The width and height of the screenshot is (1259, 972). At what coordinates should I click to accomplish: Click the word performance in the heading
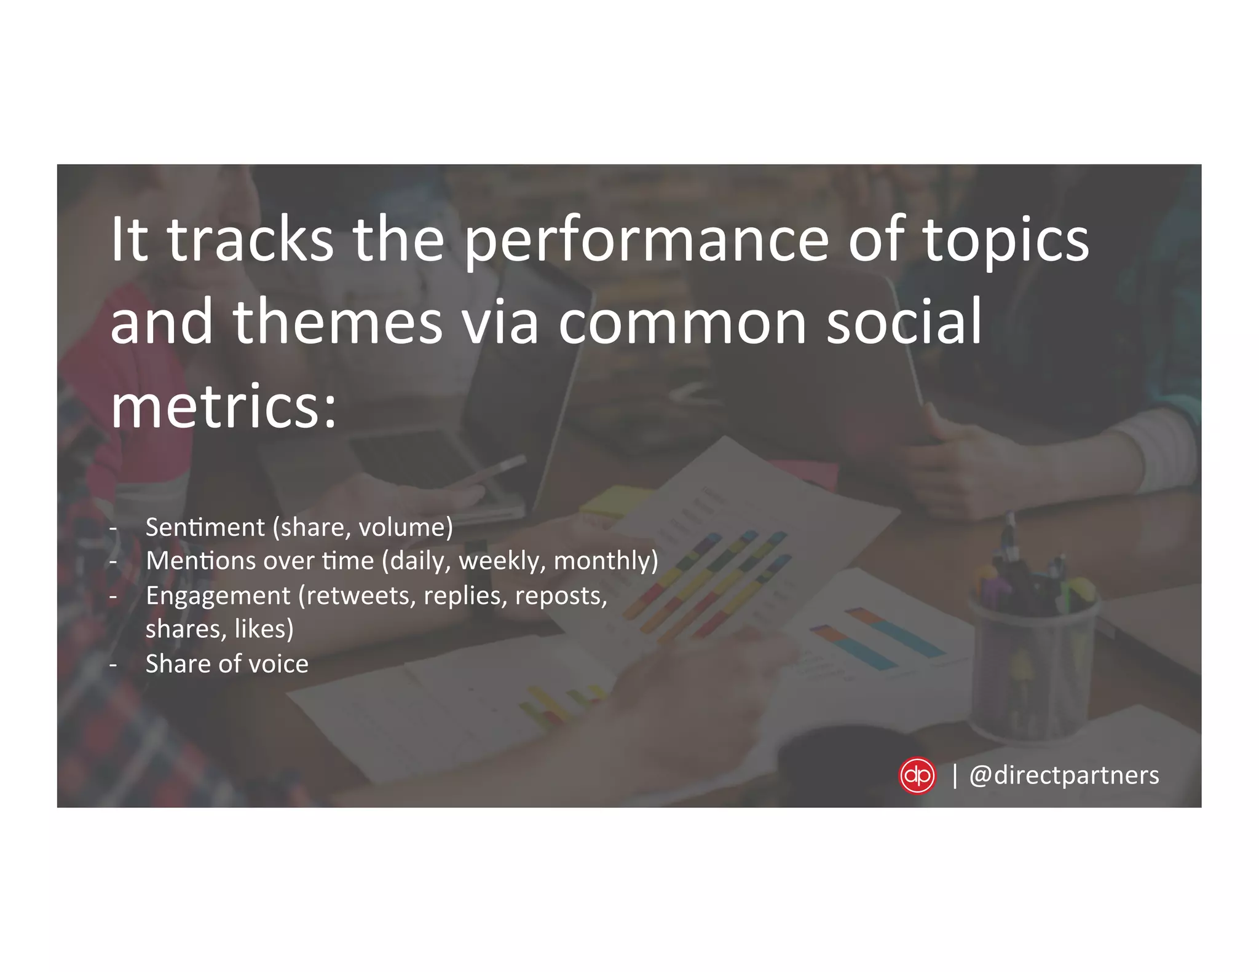pyautogui.click(x=645, y=241)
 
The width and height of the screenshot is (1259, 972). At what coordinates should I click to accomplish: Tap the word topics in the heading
pyautogui.click(x=1006, y=241)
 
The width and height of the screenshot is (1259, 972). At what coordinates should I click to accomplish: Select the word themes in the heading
pyautogui.click(x=337, y=324)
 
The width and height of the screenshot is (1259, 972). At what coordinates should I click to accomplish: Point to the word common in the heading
pyautogui.click(x=682, y=324)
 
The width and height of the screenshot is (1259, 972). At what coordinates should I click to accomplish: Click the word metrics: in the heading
pyautogui.click(x=224, y=407)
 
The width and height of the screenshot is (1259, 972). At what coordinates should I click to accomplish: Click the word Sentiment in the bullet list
pyautogui.click(x=205, y=527)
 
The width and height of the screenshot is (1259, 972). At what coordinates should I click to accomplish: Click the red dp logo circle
pyautogui.click(x=917, y=776)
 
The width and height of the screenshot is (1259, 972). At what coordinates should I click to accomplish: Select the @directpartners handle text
pyautogui.click(x=1064, y=775)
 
